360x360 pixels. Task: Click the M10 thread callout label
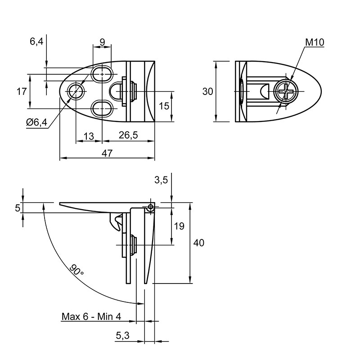point(315,42)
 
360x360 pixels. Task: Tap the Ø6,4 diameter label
point(36,122)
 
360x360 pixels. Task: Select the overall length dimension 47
point(107,153)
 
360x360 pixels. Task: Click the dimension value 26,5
point(128,135)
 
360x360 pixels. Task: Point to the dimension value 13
point(89,136)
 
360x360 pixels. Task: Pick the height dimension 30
point(207,92)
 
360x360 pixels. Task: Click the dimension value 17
point(22,92)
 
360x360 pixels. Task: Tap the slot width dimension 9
point(103,42)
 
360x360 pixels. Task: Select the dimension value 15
point(164,106)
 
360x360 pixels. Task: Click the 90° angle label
point(76,270)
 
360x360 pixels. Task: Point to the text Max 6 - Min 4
point(91,317)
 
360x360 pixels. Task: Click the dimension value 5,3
point(122,336)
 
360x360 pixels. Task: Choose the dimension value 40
point(198,243)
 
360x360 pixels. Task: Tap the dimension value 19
point(179,226)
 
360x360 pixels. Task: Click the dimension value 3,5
point(161,180)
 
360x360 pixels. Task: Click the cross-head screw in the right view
point(285,92)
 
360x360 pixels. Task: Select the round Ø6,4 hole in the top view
point(76,91)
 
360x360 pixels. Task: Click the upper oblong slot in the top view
point(102,74)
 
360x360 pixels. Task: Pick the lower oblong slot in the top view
point(102,108)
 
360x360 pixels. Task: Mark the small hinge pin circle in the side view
point(151,207)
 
